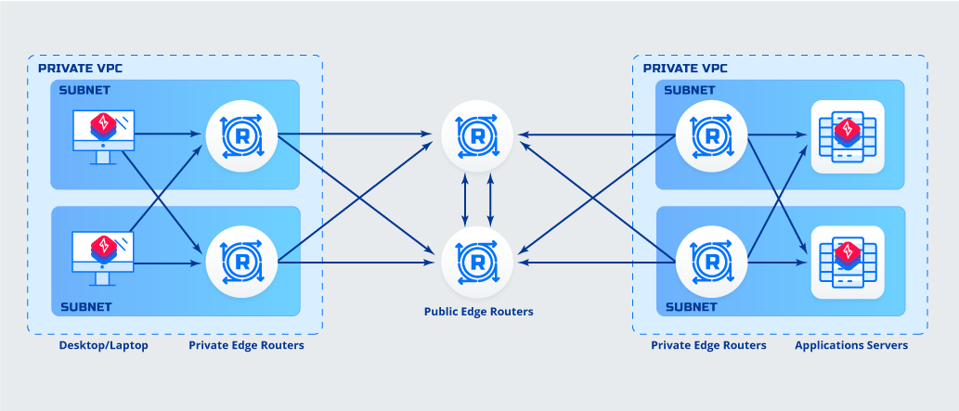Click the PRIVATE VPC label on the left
click(80, 69)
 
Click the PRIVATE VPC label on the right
click(685, 69)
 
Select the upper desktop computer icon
click(102, 135)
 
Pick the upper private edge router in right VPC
click(711, 136)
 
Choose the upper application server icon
click(847, 136)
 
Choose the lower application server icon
click(847, 262)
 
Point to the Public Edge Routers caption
click(479, 313)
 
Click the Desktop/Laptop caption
click(102, 346)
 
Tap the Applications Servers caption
click(850, 346)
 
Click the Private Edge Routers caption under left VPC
click(246, 346)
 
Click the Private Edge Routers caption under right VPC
click(708, 346)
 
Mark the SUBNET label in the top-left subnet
click(85, 91)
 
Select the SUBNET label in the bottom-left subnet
click(85, 306)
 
